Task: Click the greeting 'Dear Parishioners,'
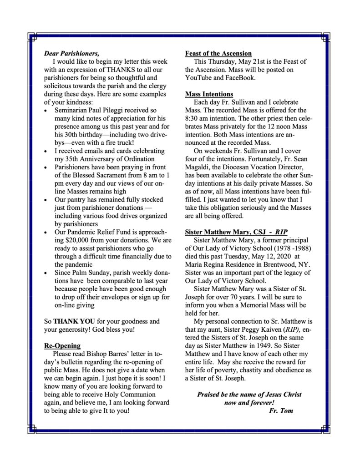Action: [x=71, y=53]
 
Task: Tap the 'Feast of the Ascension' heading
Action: [x=218, y=53]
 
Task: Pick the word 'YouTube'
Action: [x=200, y=78]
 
